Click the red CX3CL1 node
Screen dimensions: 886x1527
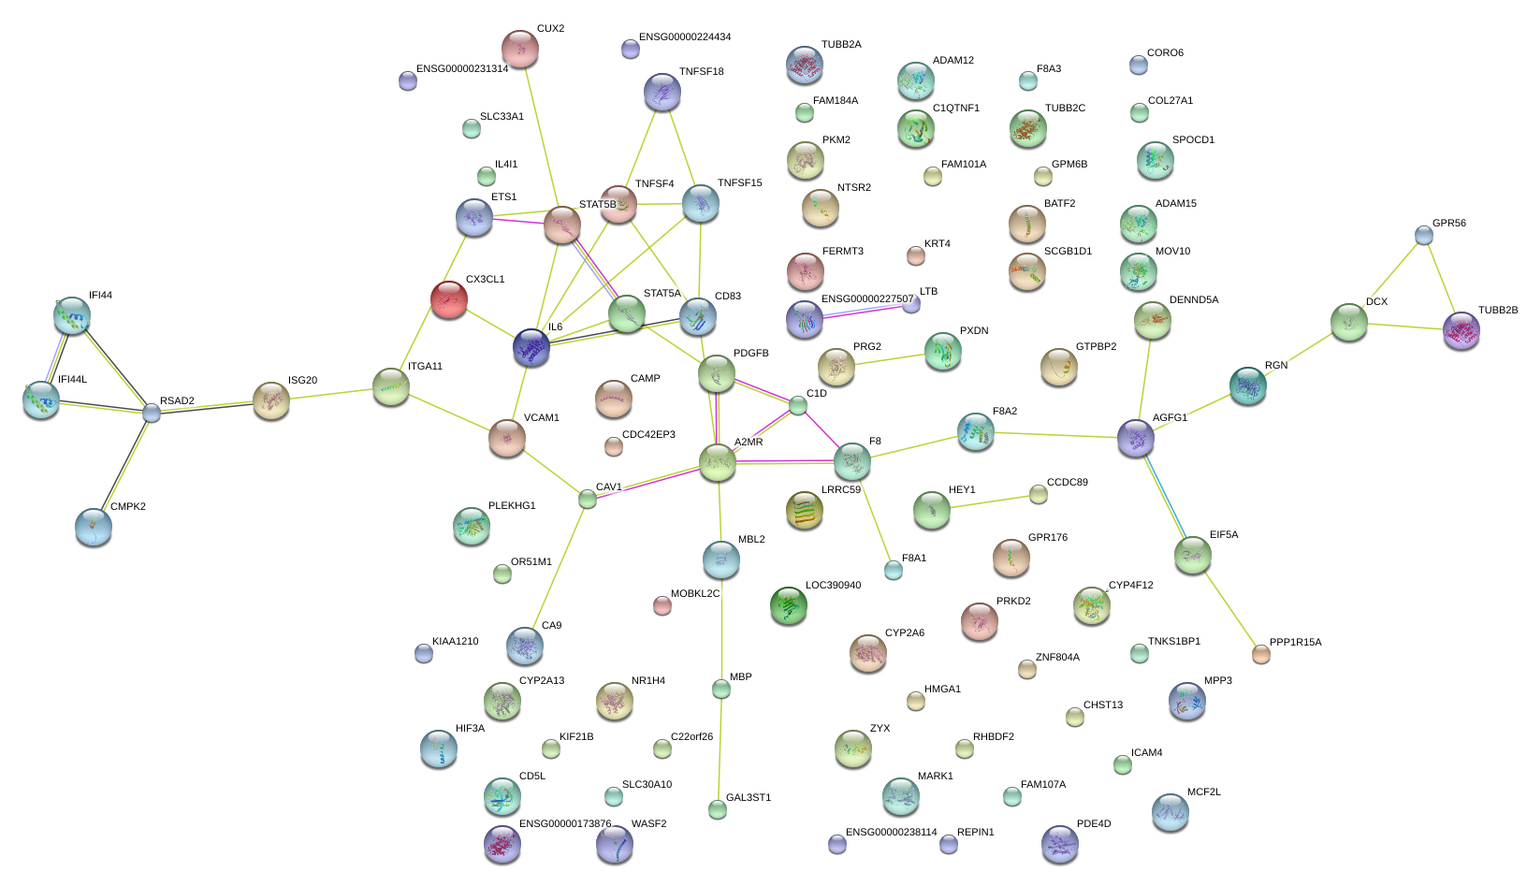(x=448, y=298)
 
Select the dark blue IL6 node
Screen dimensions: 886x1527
(x=531, y=347)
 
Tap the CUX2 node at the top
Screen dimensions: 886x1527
(x=520, y=48)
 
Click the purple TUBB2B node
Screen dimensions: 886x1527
(x=1461, y=330)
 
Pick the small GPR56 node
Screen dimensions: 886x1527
(x=1423, y=235)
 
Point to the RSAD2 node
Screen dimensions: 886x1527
(x=152, y=413)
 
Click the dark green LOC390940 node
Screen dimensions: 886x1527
(x=788, y=605)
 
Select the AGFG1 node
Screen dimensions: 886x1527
(x=1136, y=438)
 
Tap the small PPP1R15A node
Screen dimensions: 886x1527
(x=1261, y=654)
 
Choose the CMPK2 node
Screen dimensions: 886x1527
(x=94, y=527)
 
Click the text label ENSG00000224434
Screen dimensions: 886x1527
(x=685, y=37)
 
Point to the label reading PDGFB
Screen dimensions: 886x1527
(x=750, y=354)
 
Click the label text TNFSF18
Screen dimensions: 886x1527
(x=701, y=72)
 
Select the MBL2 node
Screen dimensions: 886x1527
(x=720, y=559)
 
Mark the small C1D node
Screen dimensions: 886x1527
(x=797, y=405)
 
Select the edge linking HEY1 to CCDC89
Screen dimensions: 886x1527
(x=985, y=502)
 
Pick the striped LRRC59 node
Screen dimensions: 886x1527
(x=804, y=510)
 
